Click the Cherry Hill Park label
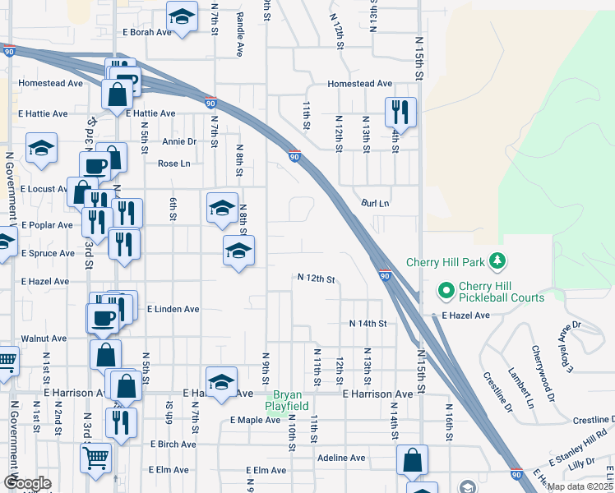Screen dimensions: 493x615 [x=447, y=263]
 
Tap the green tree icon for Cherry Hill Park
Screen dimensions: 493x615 [x=497, y=261]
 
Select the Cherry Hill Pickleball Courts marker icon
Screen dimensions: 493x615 [x=446, y=290]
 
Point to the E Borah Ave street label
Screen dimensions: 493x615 [x=146, y=32]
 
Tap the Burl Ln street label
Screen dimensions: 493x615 [x=375, y=203]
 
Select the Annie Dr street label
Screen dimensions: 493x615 [x=179, y=141]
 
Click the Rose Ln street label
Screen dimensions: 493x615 [x=173, y=164]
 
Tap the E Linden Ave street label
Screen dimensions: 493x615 [x=173, y=310]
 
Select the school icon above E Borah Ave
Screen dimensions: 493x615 [x=182, y=16]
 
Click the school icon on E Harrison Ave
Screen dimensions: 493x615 [x=221, y=381]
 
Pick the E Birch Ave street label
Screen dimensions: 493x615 [x=173, y=444]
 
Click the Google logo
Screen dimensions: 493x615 [x=27, y=483]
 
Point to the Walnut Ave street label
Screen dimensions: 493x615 [x=44, y=339]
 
